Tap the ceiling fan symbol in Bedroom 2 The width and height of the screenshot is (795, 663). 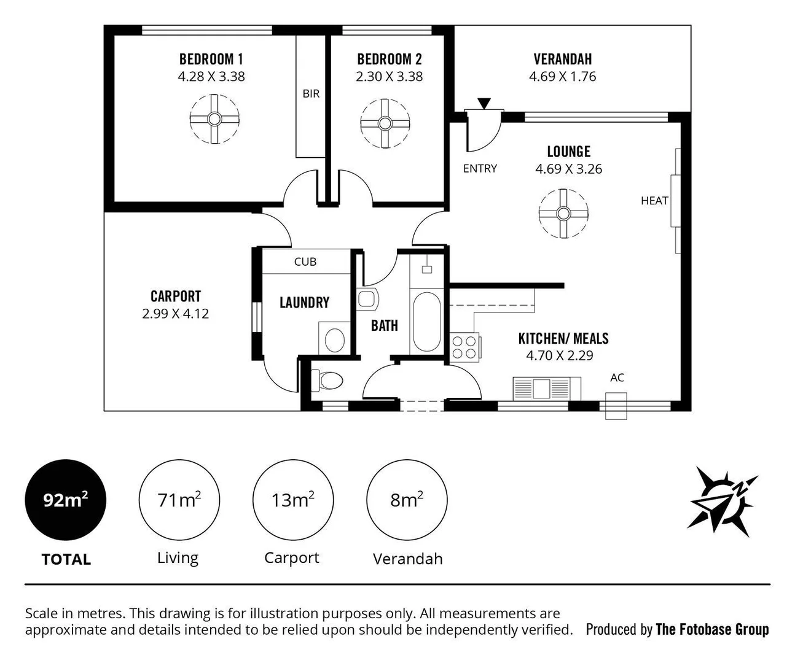point(385,123)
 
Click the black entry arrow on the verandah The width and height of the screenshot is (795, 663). point(484,104)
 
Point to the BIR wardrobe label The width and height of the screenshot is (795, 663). point(311,94)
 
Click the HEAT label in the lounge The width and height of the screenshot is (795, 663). point(654,201)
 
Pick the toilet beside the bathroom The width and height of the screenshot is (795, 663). point(328,381)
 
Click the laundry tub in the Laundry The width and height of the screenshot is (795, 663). point(335,338)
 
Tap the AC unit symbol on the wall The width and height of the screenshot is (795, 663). point(616,406)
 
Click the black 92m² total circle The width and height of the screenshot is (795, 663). point(65,500)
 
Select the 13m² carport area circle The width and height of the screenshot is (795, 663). point(292,500)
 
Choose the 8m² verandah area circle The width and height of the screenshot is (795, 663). point(406,500)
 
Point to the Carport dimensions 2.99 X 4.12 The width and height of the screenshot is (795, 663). point(176,314)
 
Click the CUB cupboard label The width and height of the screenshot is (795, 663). point(305,262)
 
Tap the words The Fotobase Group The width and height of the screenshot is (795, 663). point(712,629)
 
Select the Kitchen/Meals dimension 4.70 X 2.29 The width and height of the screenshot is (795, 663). point(559,355)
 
